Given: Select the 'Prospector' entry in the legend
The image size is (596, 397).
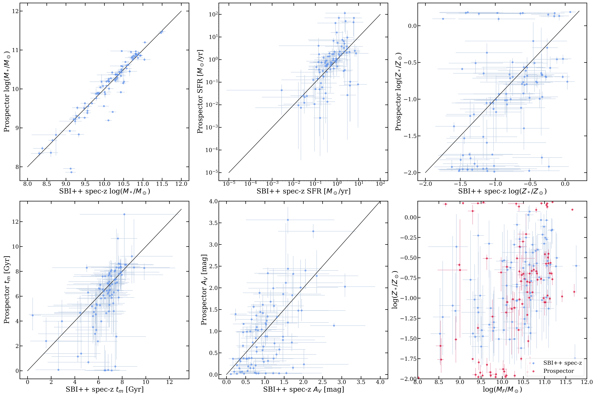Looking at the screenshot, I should (x=559, y=371).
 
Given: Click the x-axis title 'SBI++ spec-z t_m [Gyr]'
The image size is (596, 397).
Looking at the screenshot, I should (x=104, y=389).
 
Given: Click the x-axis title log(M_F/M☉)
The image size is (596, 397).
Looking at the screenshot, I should (x=502, y=389).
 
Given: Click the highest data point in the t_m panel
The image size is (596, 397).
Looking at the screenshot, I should (x=124, y=214).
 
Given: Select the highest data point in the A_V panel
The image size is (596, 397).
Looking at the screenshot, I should (x=288, y=220).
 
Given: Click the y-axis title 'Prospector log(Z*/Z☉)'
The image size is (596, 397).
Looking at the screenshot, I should (x=398, y=92).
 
